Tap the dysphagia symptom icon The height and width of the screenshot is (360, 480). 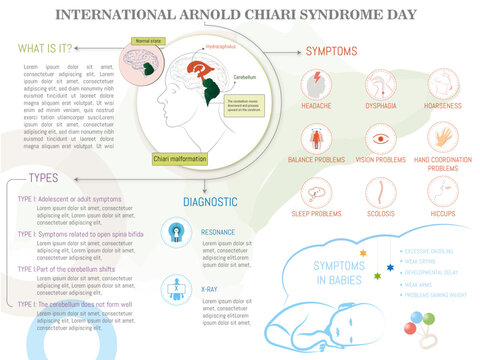tap(380, 83)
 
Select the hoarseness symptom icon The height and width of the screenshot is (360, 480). tap(443, 83)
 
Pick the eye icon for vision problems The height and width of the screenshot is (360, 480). tap(380, 138)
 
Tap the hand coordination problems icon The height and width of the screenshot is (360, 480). tap(443, 137)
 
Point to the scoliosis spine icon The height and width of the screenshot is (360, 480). tap(380, 192)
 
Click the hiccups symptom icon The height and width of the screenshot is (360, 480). tap(443, 192)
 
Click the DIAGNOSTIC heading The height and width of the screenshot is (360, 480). tap(210, 202)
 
